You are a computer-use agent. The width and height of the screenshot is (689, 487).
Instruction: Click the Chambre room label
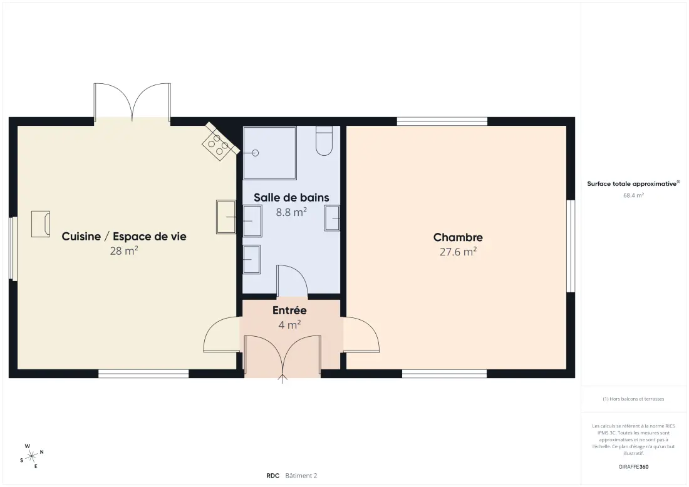(x=458, y=237)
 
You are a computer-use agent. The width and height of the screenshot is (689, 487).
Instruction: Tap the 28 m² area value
(x=124, y=251)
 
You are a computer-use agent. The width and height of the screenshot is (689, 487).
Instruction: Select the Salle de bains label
(x=291, y=198)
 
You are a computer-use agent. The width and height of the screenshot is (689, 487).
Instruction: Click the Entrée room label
(x=289, y=310)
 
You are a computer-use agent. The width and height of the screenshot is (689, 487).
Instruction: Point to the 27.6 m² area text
(x=458, y=252)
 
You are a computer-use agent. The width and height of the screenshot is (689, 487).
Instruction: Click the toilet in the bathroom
(x=324, y=140)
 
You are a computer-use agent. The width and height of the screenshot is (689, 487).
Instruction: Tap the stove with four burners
(x=220, y=141)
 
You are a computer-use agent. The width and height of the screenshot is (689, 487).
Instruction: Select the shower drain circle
(x=255, y=153)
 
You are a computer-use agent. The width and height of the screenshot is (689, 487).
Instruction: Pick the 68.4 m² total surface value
(x=633, y=195)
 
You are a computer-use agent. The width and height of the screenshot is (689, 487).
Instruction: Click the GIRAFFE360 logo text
(x=633, y=467)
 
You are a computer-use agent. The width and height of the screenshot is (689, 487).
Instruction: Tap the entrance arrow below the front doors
(x=282, y=379)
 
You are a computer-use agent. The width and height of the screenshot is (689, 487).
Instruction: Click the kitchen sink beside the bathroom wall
(x=226, y=217)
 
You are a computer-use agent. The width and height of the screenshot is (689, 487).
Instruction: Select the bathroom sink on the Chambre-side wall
(x=332, y=218)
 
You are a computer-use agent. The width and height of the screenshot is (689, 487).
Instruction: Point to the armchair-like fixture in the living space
(x=41, y=224)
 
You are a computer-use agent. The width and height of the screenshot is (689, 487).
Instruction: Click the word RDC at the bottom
(x=273, y=476)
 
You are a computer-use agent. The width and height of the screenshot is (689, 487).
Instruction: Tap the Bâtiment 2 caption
(x=301, y=476)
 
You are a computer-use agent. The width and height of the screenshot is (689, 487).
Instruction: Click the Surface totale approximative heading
(x=633, y=183)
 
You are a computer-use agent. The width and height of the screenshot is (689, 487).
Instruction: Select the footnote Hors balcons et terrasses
(x=633, y=399)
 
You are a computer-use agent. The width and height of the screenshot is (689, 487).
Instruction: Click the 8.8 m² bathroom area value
(x=291, y=212)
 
